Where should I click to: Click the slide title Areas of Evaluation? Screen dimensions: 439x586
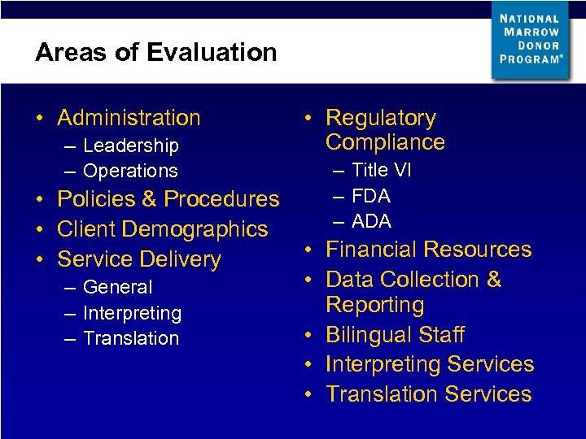155,53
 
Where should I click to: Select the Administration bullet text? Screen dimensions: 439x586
129,118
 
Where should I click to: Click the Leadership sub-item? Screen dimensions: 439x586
130,146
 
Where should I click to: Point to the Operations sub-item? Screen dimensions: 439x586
130,172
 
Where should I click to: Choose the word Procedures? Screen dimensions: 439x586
221,199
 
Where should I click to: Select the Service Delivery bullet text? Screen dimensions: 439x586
139,259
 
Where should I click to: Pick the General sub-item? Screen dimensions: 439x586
117,288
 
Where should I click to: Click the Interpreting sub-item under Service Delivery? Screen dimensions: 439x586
132,314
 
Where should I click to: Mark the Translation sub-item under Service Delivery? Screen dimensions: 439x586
130,339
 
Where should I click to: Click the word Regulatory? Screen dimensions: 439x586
380,119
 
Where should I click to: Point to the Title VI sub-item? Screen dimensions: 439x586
381,171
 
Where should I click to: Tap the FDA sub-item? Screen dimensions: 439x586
371,197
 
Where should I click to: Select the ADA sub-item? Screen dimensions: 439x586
371,221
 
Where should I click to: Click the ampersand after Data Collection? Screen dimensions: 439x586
493,280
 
